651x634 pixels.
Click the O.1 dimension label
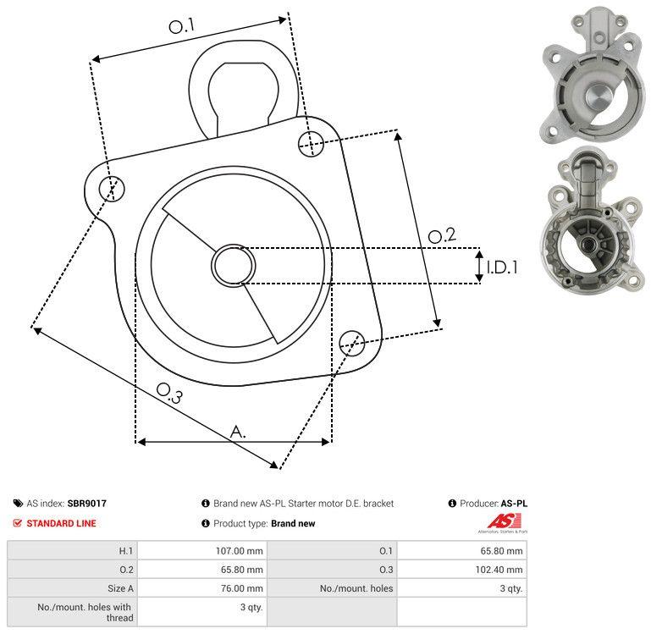(x=182, y=25)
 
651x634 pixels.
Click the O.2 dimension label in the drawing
(x=442, y=235)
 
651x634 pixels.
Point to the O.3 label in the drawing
(x=169, y=393)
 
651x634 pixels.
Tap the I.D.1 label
(x=502, y=267)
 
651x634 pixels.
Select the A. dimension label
(x=238, y=432)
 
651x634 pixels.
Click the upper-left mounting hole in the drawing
(x=112, y=189)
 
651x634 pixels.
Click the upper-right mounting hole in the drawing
(x=311, y=144)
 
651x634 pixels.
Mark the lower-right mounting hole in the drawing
(x=352, y=343)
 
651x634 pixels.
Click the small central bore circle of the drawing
(x=234, y=265)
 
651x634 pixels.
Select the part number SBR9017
(x=87, y=503)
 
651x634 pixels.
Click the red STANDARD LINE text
(x=61, y=523)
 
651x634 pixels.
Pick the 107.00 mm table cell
(x=202, y=550)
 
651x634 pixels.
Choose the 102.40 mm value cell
(x=462, y=569)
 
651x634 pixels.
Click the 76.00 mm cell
(x=202, y=588)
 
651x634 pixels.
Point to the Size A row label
(x=120, y=588)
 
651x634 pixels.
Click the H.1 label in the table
(x=126, y=550)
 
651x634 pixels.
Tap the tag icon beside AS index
(x=18, y=503)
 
